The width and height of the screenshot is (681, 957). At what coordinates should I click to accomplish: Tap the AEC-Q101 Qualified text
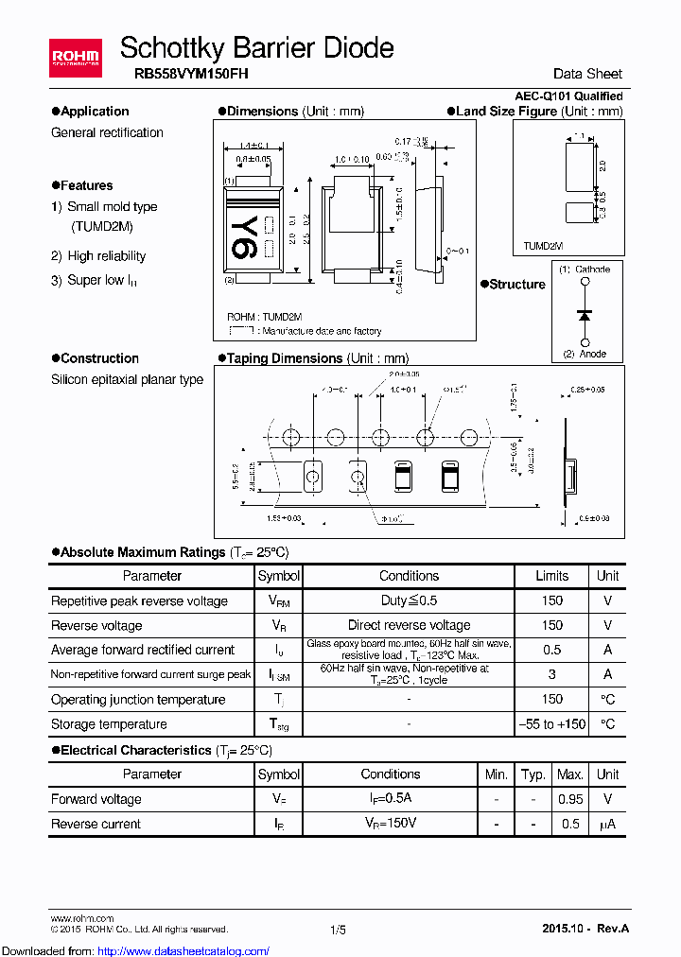(568, 96)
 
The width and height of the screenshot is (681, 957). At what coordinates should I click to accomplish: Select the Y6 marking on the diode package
(243, 235)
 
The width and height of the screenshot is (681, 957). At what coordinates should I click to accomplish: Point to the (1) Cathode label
(584, 270)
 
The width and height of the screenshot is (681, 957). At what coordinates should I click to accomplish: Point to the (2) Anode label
(584, 355)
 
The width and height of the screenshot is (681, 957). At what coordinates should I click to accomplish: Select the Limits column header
(551, 575)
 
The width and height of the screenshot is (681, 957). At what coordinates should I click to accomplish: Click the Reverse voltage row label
(96, 625)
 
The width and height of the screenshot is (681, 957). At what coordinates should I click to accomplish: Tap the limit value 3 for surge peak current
(551, 674)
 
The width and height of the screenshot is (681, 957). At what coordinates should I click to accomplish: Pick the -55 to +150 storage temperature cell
(551, 723)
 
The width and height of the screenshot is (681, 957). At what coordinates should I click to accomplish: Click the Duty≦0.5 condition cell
(409, 600)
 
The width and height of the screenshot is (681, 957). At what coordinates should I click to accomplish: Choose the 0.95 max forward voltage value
(569, 799)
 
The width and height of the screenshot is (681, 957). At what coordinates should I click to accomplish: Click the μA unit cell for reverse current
(607, 824)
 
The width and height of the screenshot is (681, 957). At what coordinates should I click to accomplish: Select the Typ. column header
(533, 774)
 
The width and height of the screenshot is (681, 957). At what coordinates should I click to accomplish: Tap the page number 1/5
(339, 930)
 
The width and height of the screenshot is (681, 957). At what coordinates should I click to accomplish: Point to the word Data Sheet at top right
(587, 74)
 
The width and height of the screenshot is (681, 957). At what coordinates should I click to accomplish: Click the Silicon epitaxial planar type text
(127, 379)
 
